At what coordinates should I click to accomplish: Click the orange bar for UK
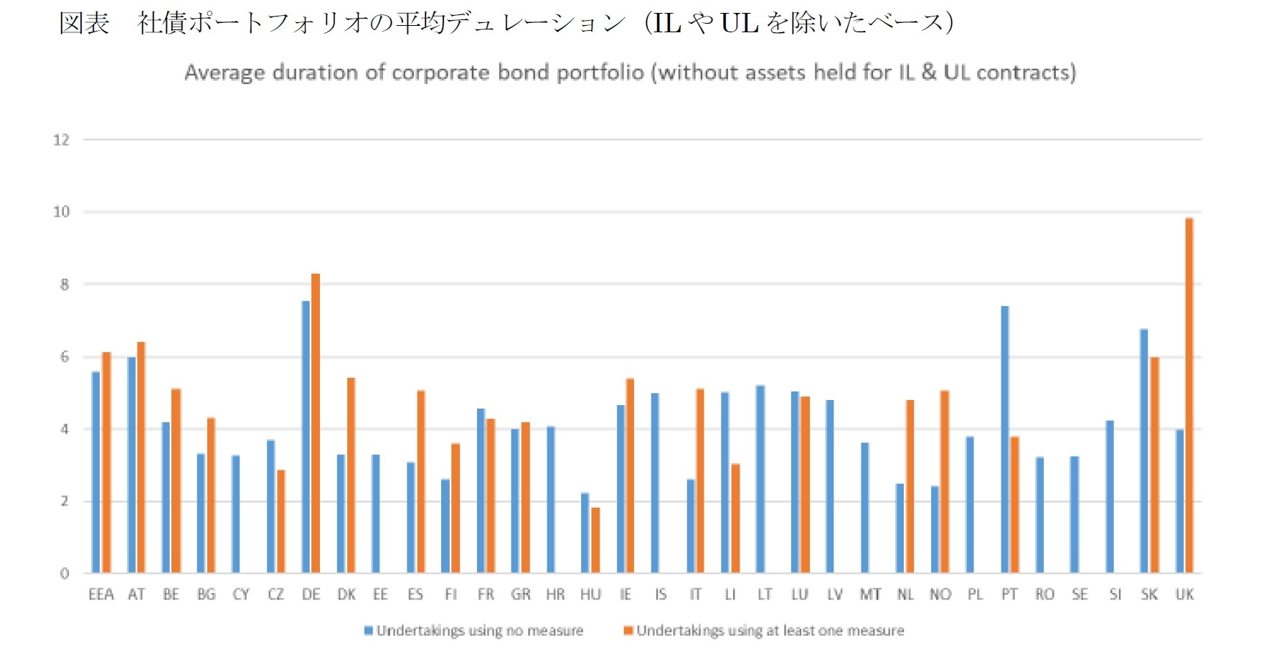pos(1189,396)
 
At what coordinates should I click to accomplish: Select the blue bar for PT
pos(1004,439)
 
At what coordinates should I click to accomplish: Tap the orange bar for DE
pos(316,423)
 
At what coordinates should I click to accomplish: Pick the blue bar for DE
pos(306,437)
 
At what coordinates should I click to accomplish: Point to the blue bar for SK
pos(1143,451)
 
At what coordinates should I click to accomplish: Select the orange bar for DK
pos(351,475)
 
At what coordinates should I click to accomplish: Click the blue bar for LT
pos(760,479)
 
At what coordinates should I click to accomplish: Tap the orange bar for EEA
pos(106,462)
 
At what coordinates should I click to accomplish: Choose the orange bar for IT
pos(700,480)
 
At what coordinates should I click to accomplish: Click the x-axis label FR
pos(486,594)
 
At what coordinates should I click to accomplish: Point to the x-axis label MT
pos(870,594)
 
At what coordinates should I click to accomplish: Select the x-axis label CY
pos(241,594)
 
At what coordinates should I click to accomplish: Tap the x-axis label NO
pos(940,594)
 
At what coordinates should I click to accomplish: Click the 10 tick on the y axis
pos(62,212)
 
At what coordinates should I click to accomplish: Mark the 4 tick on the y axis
pos(65,429)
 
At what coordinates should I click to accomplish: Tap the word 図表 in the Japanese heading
pos(84,23)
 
